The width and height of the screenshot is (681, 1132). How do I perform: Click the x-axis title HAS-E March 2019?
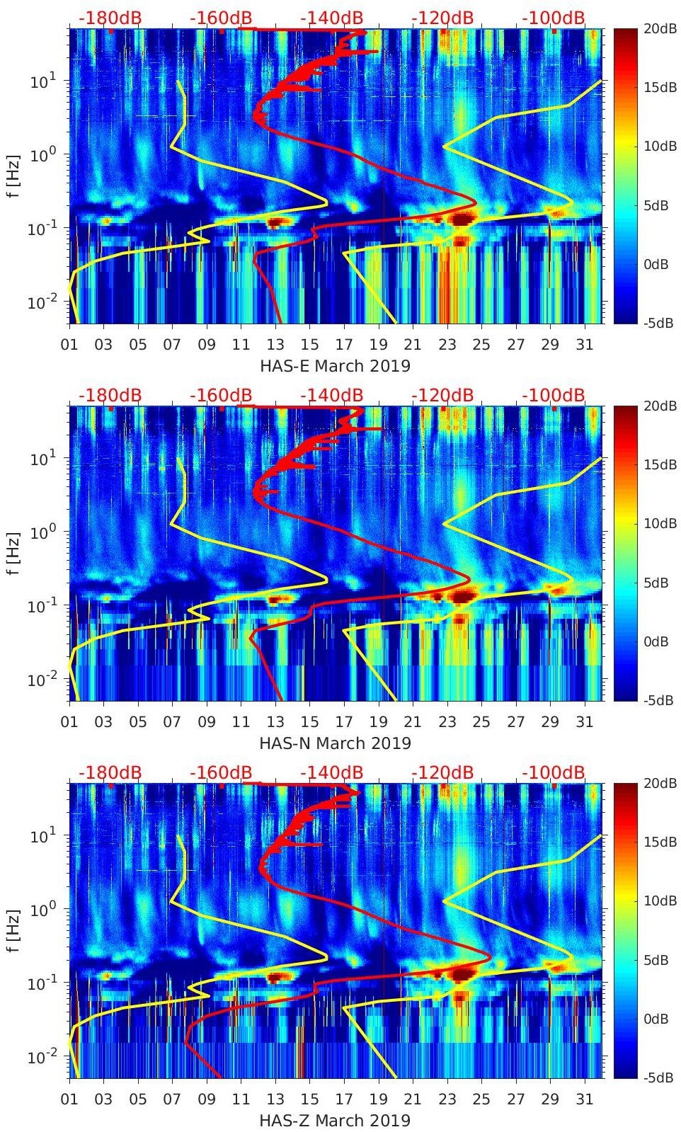tap(335, 366)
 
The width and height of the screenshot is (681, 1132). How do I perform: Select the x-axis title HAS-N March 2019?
tap(335, 743)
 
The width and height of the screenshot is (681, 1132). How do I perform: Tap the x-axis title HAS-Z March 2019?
tap(335, 1121)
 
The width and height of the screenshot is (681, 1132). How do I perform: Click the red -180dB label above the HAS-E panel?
tap(110, 18)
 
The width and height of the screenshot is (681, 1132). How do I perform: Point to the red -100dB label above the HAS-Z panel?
tap(554, 772)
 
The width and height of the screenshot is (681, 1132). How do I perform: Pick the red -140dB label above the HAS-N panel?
tap(331, 395)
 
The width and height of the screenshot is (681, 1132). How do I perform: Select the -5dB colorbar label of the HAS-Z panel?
tap(658, 1077)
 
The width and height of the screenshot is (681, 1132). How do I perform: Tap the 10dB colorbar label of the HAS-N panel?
tap(659, 523)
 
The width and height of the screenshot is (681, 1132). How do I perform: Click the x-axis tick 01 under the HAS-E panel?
tap(69, 345)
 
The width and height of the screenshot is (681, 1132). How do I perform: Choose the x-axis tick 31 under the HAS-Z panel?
tap(584, 1099)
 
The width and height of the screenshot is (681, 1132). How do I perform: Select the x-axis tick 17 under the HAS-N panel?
tap(344, 722)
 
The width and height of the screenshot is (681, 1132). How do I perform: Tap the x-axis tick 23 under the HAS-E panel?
tap(447, 345)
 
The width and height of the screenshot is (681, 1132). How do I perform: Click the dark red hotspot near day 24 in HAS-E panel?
tap(462, 219)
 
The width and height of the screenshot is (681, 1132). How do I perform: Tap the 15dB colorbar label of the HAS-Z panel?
tap(659, 842)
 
